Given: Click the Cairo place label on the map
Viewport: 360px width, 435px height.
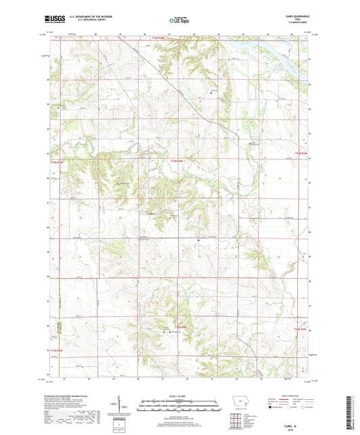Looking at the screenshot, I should (x=152, y=213).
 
